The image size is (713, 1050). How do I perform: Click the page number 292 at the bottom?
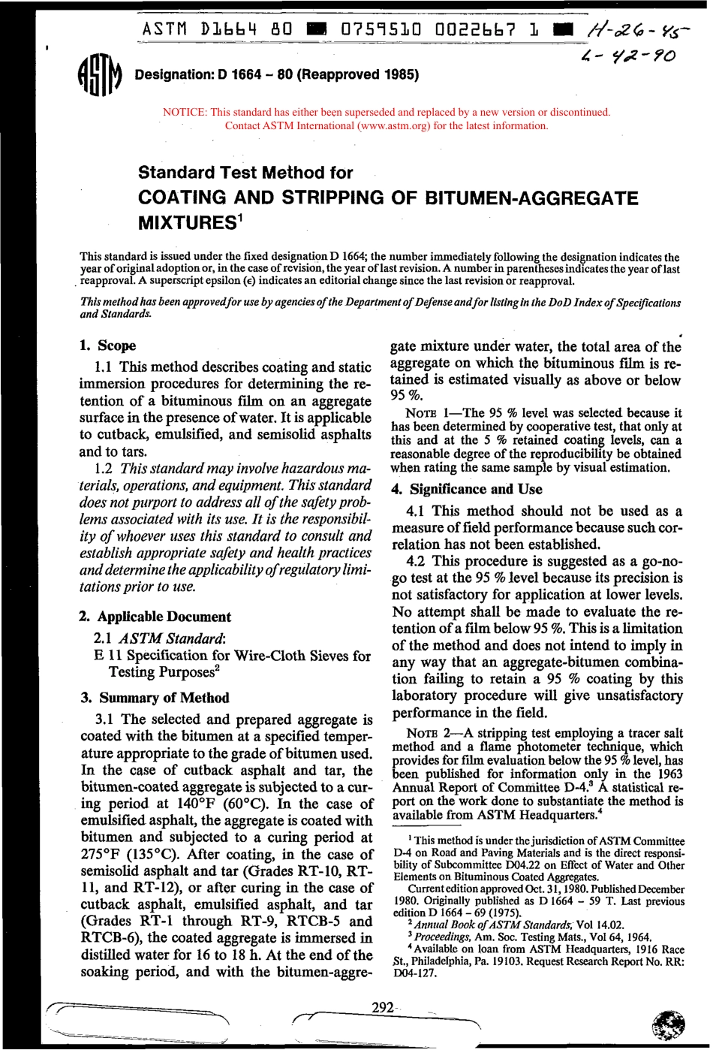pyautogui.click(x=383, y=1007)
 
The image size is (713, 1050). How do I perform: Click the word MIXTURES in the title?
pyautogui.click(x=187, y=223)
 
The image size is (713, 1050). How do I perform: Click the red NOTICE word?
pyautogui.click(x=184, y=113)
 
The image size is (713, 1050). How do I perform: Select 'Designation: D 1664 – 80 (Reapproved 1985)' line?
pyautogui.click(x=276, y=74)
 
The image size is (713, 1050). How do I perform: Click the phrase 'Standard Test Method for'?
pyautogui.click(x=245, y=173)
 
